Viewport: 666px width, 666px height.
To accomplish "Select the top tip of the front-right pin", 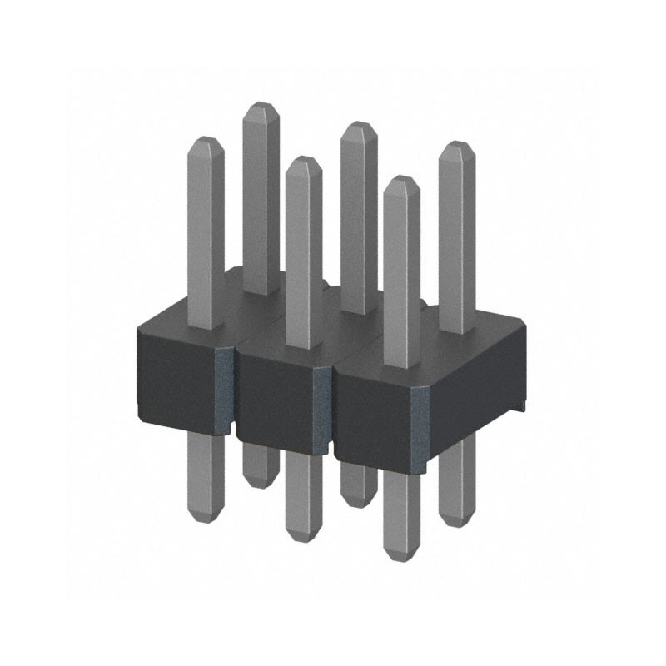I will (402, 180).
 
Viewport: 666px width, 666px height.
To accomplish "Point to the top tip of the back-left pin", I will (261, 107).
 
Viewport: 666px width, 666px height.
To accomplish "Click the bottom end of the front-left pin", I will (205, 518).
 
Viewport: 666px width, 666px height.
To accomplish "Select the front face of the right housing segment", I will (375, 416).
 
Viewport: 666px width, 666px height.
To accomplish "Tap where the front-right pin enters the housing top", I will (401, 366).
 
